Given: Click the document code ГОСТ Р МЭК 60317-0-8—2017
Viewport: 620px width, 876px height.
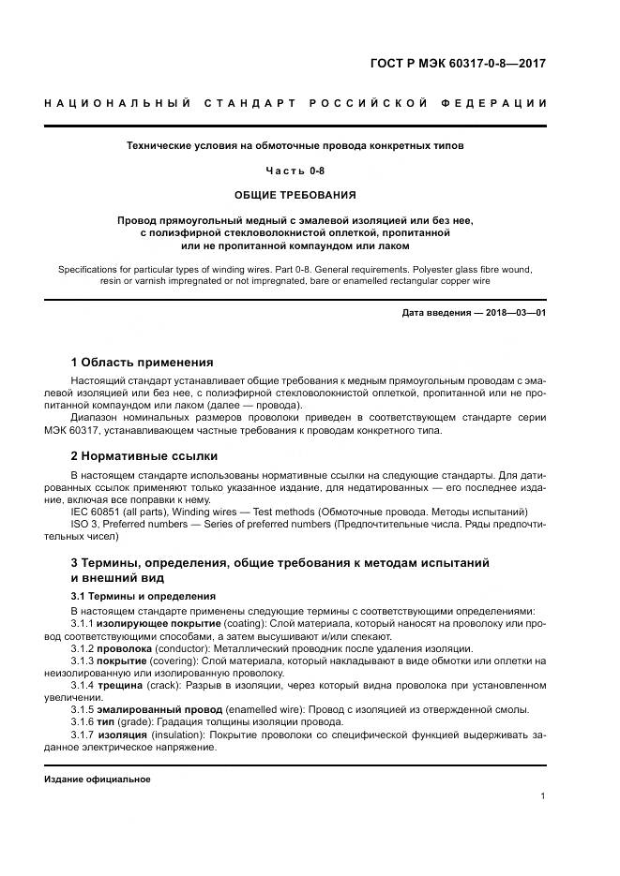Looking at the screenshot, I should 458,65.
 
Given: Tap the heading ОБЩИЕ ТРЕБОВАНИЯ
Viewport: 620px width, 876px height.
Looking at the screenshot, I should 295,195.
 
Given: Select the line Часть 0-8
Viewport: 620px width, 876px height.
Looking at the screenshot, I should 295,170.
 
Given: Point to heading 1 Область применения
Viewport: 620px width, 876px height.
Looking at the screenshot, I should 142,362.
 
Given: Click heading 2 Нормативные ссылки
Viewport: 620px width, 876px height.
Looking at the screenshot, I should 144,456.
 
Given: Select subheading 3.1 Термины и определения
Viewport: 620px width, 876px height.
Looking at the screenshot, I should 144,596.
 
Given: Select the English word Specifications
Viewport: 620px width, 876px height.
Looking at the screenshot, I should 91,269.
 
